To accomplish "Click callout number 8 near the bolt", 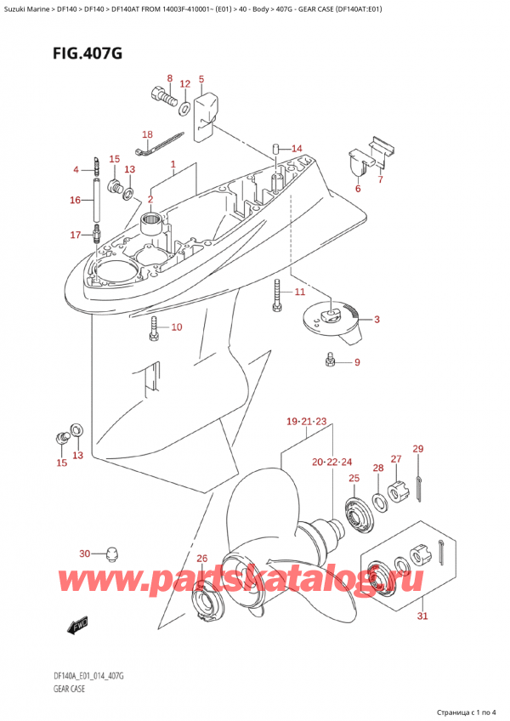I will [x=169, y=79].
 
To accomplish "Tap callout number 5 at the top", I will [x=201, y=80].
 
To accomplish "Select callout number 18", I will [x=147, y=134].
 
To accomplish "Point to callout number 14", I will [x=297, y=149].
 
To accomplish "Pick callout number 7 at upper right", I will [x=380, y=180].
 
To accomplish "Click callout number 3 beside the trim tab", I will [x=377, y=320].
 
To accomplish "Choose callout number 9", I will [x=357, y=363].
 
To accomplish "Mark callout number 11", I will [x=299, y=292].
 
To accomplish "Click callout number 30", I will [x=84, y=554].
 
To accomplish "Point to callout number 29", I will [x=417, y=449].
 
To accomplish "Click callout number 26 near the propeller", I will [x=201, y=559].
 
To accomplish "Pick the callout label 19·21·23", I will [x=306, y=422].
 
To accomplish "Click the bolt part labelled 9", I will [x=330, y=363].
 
